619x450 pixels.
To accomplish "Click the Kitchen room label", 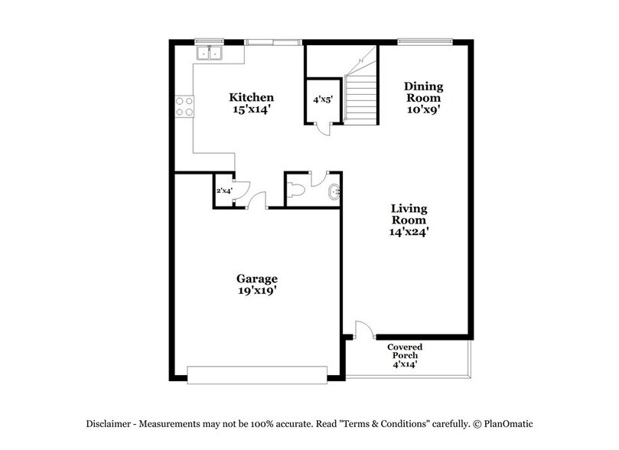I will coord(252,98).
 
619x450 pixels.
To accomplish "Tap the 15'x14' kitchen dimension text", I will coord(252,109).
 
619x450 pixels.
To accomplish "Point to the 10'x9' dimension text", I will coord(424,109).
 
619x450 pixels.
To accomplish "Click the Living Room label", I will coord(409,214).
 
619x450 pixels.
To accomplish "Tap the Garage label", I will coord(257,279).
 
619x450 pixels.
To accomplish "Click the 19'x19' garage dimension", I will coord(257,291).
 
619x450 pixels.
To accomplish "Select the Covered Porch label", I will coord(405,351).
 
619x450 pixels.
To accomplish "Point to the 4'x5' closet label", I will coord(321,99).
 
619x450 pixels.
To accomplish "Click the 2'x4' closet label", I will coord(223,191).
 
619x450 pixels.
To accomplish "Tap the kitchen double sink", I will coord(208,53).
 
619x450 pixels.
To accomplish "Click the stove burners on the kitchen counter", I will coord(184,106).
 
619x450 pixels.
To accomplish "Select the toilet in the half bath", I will coord(298,191).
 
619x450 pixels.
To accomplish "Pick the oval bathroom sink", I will coord(334,192).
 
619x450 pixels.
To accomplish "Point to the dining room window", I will coord(425,41).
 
